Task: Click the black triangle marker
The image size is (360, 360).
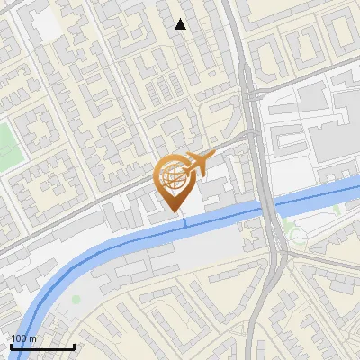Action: tap(181, 24)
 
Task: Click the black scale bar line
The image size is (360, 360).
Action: tap(42, 346)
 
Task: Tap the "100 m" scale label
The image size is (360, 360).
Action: tap(24, 338)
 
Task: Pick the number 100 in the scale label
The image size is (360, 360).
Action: tap(20, 338)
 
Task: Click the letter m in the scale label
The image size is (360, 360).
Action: tap(32, 338)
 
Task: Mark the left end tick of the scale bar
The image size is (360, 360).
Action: tap(11, 345)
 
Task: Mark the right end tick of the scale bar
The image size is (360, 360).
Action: tap(74, 345)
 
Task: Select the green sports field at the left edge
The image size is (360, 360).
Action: tap(7, 145)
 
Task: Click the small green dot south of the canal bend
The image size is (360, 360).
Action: tap(76, 299)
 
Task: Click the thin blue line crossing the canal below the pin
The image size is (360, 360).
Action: tap(185, 220)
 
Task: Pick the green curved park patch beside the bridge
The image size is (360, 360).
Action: tap(293, 236)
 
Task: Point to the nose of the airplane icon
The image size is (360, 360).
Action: tap(215, 157)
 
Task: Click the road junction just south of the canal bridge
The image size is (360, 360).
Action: tap(280, 256)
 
